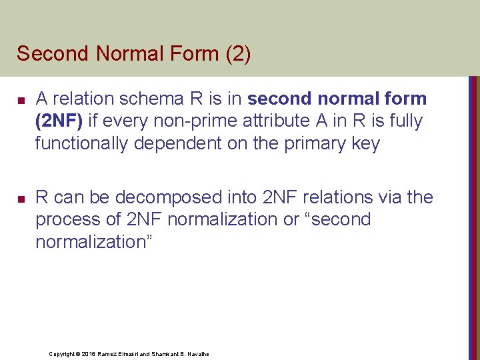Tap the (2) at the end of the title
[238, 53]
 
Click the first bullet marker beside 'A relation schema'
[21, 100]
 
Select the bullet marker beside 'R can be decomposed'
[21, 199]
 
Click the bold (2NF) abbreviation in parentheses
[61, 121]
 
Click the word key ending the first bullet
[365, 143]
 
